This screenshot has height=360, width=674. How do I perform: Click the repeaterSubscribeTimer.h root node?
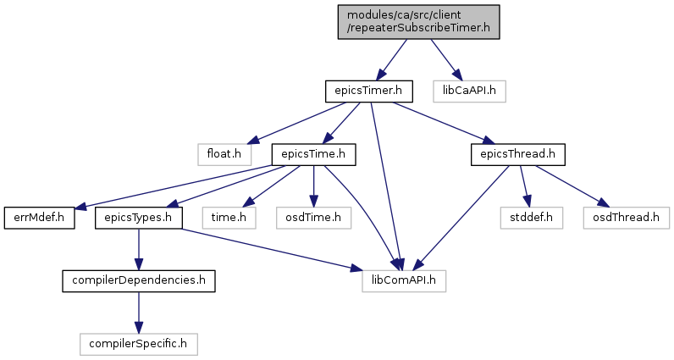418,22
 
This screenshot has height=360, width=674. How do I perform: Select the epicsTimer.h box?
369,91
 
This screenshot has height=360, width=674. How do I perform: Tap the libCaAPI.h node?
469,91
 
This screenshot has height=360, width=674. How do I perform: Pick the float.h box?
224,154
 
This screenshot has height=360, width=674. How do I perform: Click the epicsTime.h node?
313,154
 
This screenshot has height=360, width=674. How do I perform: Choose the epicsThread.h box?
517,154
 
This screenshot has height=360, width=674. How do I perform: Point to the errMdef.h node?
39,218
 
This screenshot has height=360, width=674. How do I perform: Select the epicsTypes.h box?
138,218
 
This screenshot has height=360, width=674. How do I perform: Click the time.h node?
229,218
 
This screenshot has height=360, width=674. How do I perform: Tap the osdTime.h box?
313,218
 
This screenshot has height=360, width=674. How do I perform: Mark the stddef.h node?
531,218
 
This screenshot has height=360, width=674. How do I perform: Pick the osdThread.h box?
627,218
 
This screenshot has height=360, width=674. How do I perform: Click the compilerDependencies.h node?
138,281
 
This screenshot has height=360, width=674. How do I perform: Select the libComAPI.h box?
404,281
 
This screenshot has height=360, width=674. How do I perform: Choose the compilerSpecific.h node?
138,344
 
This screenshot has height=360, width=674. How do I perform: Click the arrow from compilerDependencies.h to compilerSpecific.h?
138,313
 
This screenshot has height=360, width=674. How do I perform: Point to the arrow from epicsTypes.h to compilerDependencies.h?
138,250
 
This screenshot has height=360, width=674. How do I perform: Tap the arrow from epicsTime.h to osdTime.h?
313,186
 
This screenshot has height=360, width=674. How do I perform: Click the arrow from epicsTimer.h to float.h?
296,123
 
